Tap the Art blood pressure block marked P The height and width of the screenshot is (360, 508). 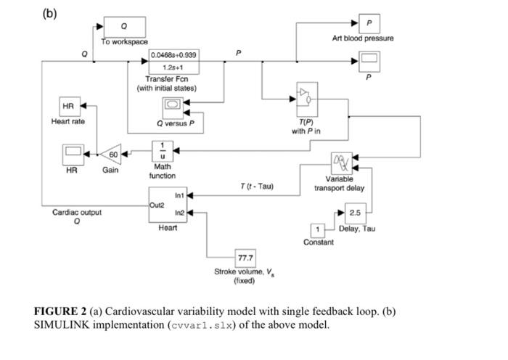[369, 22]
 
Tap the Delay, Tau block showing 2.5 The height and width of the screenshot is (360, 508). [355, 213]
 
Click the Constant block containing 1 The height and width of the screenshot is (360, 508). [317, 230]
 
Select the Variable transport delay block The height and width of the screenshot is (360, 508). [340, 162]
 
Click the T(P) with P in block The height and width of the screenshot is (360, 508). [308, 96]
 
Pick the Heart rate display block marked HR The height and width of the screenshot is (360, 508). [69, 107]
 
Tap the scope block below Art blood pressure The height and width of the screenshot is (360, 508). [369, 59]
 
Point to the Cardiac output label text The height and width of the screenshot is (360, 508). [76, 213]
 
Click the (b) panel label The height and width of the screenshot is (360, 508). [49, 14]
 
